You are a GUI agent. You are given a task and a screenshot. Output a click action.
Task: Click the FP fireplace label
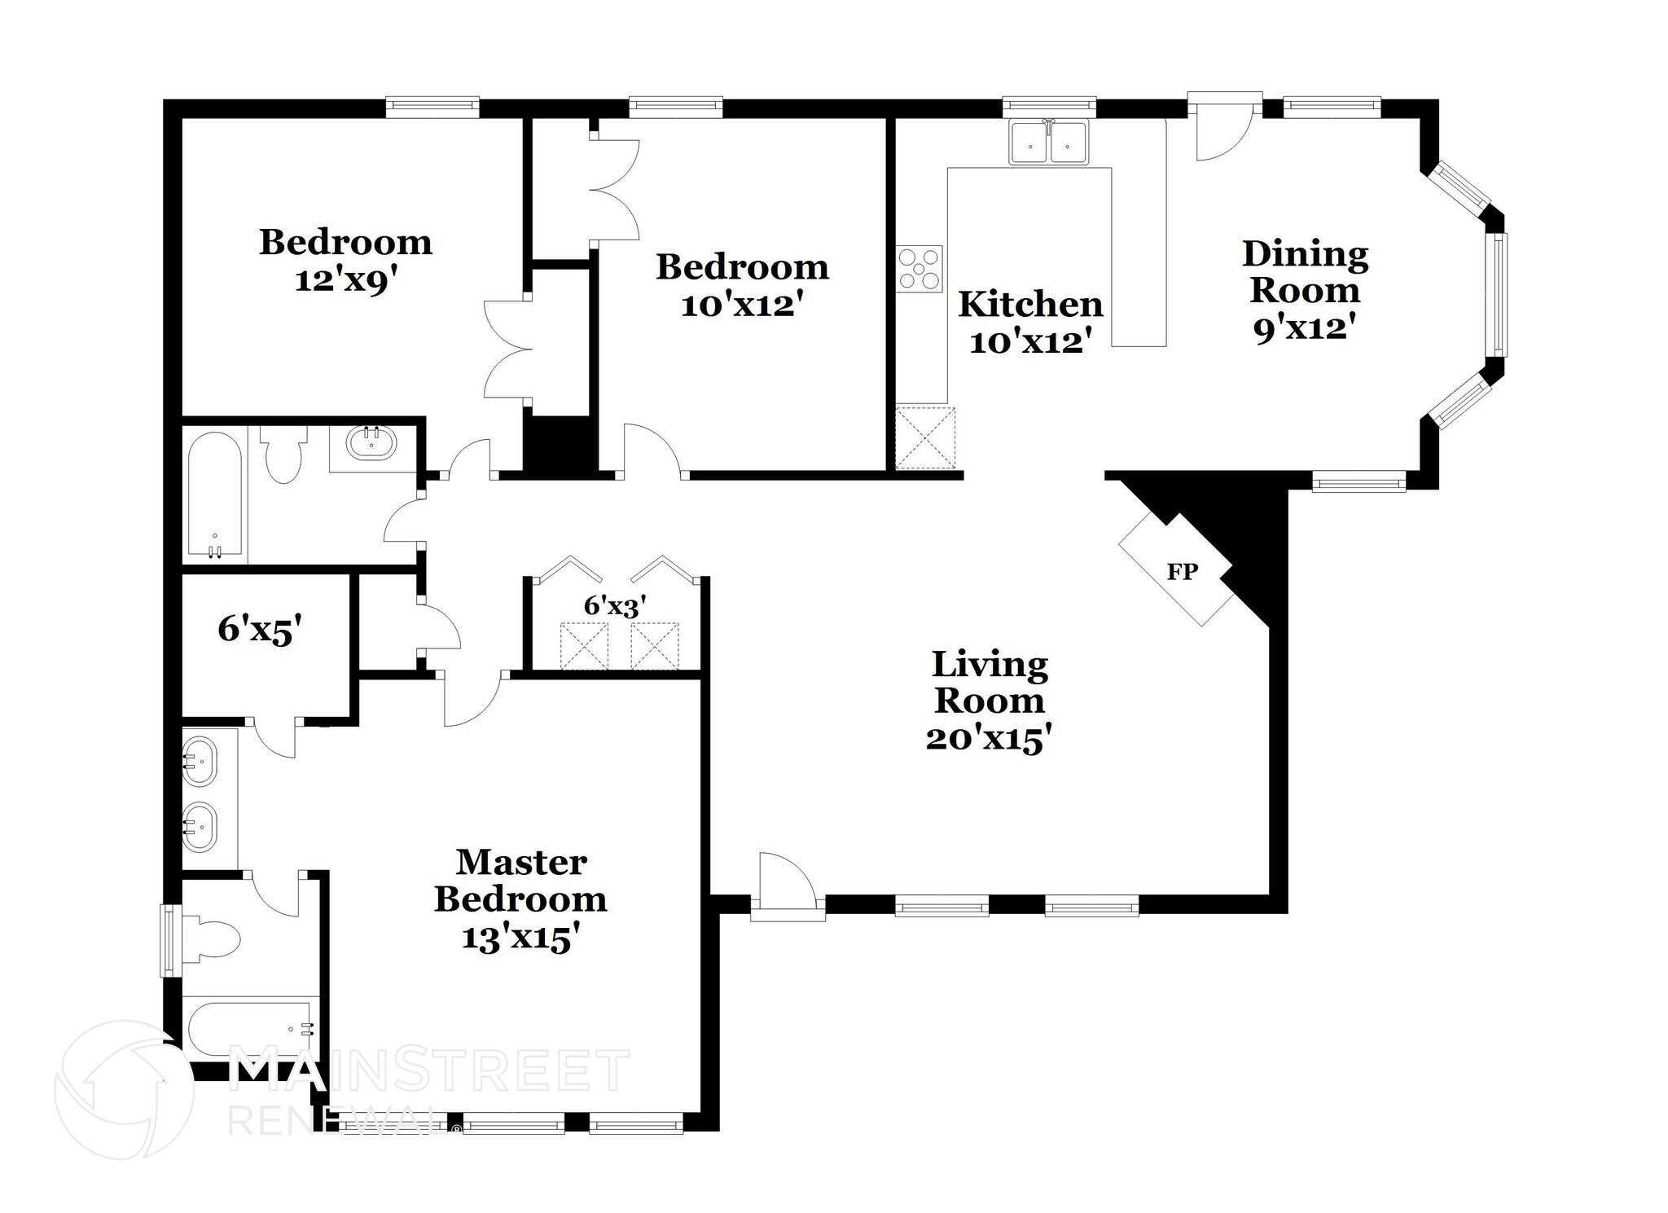(x=1182, y=572)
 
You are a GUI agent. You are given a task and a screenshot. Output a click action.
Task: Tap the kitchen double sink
(x=1048, y=143)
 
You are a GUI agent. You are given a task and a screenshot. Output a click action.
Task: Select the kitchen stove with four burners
(x=920, y=267)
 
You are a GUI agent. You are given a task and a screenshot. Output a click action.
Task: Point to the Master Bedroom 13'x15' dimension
(x=520, y=937)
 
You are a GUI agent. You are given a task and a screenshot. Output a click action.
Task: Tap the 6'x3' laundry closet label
(x=615, y=605)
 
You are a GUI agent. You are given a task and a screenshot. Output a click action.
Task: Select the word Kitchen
(x=1030, y=304)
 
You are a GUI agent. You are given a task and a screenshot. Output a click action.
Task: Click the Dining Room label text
(x=1305, y=271)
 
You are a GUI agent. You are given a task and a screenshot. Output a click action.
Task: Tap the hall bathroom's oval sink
(x=371, y=444)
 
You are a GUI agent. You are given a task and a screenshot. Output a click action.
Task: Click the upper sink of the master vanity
(x=199, y=761)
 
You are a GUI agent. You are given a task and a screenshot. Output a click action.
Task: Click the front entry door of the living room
(x=786, y=888)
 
